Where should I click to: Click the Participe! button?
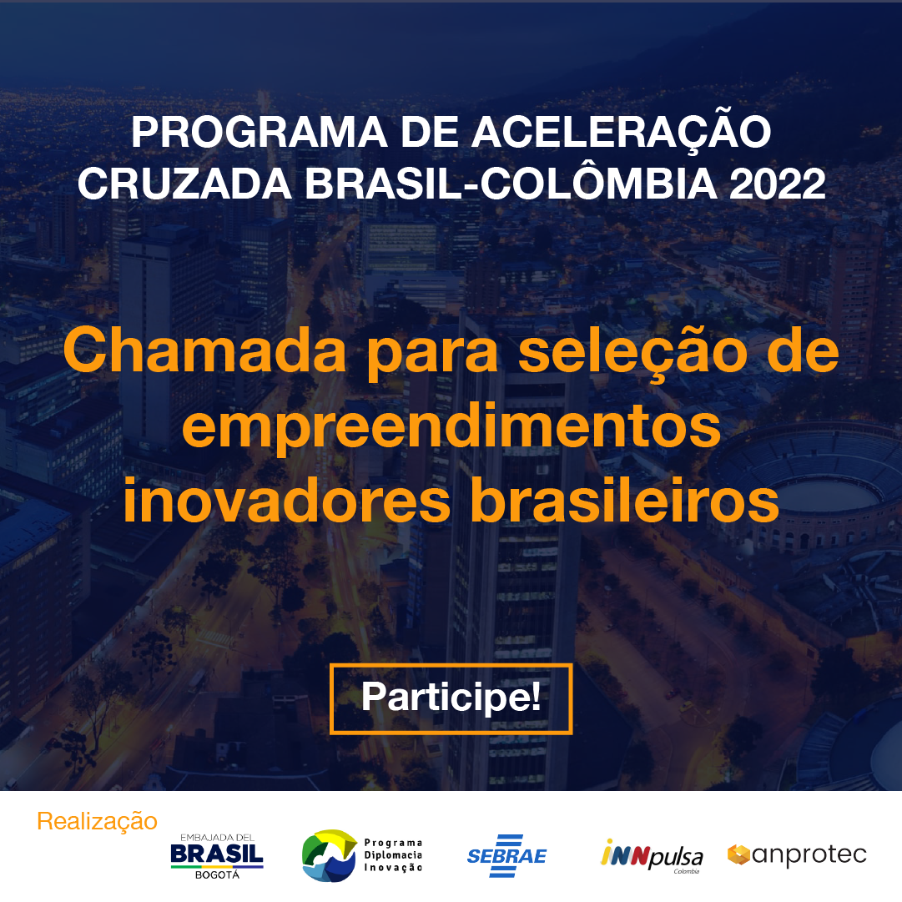point(451,698)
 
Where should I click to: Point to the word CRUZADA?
point(184,184)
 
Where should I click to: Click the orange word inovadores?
point(286,501)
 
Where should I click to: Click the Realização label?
point(98,822)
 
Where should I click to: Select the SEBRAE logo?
point(506,856)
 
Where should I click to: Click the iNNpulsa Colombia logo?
point(651,857)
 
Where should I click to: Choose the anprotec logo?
point(797,854)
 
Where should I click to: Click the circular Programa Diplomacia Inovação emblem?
point(329,856)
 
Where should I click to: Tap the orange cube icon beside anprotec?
point(738,854)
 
